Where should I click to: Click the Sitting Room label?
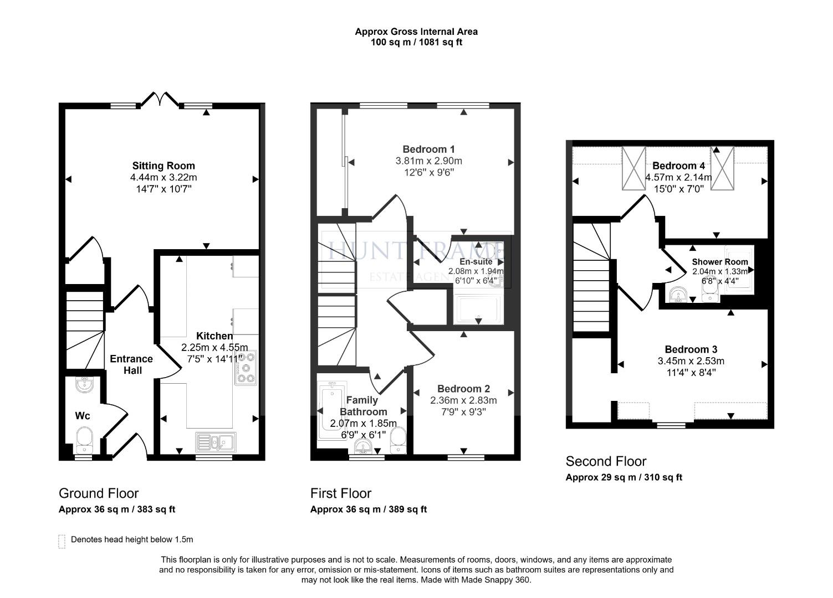(x=163, y=166)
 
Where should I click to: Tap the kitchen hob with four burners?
(x=246, y=368)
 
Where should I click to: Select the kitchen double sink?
(x=216, y=442)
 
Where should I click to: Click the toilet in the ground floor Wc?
(x=84, y=437)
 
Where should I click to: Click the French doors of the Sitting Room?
(x=160, y=100)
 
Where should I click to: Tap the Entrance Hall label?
(x=131, y=364)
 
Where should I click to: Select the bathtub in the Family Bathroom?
(x=331, y=410)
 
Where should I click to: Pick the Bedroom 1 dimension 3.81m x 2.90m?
(x=428, y=161)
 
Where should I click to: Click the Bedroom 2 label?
(x=463, y=389)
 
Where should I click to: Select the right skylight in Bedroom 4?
(x=722, y=168)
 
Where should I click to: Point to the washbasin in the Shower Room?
(x=678, y=296)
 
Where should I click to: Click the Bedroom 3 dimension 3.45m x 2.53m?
(x=691, y=361)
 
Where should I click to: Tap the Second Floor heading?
(x=606, y=461)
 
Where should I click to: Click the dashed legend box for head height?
(x=62, y=541)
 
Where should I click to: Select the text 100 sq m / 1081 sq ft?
(x=416, y=42)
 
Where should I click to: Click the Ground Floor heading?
(x=99, y=493)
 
